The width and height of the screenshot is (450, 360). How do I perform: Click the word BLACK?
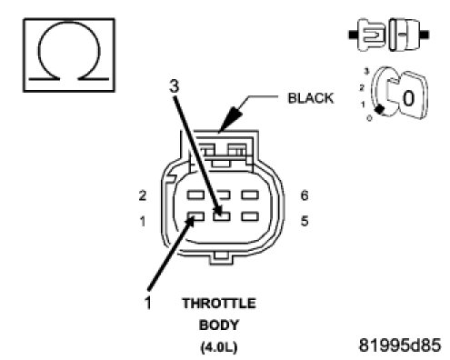[x=310, y=98]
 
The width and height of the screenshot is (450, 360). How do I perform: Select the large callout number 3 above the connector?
[x=175, y=86]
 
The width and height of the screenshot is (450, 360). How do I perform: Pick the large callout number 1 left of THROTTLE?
[x=148, y=303]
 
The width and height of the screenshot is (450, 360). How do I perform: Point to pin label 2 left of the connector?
[x=143, y=195]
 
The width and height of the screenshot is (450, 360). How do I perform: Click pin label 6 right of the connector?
[x=305, y=195]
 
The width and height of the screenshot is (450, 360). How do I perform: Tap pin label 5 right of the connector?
[x=305, y=221]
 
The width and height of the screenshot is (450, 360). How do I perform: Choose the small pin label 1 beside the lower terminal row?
[x=143, y=222]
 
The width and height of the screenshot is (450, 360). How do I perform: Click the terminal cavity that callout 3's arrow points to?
[x=222, y=216]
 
